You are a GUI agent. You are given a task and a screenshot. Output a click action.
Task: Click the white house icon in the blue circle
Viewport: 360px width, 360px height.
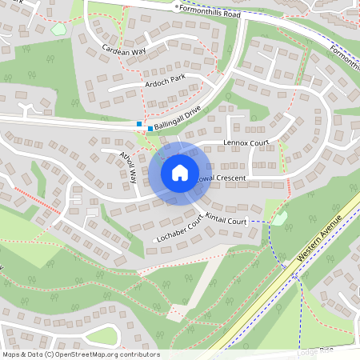[x=179, y=172]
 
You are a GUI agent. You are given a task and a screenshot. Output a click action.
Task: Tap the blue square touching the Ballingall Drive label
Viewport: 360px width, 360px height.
[x=150, y=128]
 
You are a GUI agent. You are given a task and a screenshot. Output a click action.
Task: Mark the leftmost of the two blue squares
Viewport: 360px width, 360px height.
[x=138, y=124]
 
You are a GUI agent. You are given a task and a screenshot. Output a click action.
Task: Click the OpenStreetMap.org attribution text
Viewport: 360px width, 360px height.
[x=80, y=354]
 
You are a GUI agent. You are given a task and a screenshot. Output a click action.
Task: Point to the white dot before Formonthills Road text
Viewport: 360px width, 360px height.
[x=177, y=6]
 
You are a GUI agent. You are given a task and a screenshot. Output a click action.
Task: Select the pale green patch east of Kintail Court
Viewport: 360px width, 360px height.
[x=280, y=218]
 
